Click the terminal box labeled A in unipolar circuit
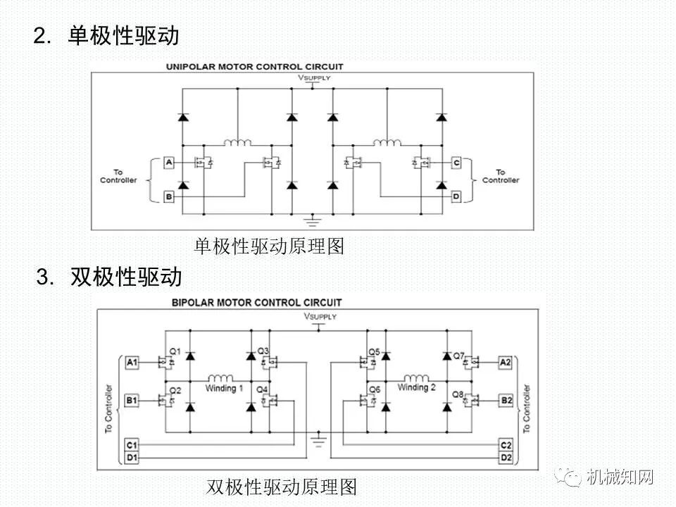coord(169,163)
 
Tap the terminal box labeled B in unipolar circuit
coord(169,196)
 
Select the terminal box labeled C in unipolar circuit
coord(456,163)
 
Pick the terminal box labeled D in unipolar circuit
coord(456,196)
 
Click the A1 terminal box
coord(132,363)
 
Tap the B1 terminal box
coord(132,401)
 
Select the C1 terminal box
coord(132,445)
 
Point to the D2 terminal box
coord(506,458)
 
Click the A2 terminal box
coord(506,363)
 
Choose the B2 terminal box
coord(506,401)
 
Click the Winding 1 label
coord(225,388)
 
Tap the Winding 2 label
coord(417,387)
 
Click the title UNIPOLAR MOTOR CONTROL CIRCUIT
coord(254,67)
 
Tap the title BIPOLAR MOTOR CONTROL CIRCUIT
coord(257,303)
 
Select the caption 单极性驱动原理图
coord(269,246)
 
